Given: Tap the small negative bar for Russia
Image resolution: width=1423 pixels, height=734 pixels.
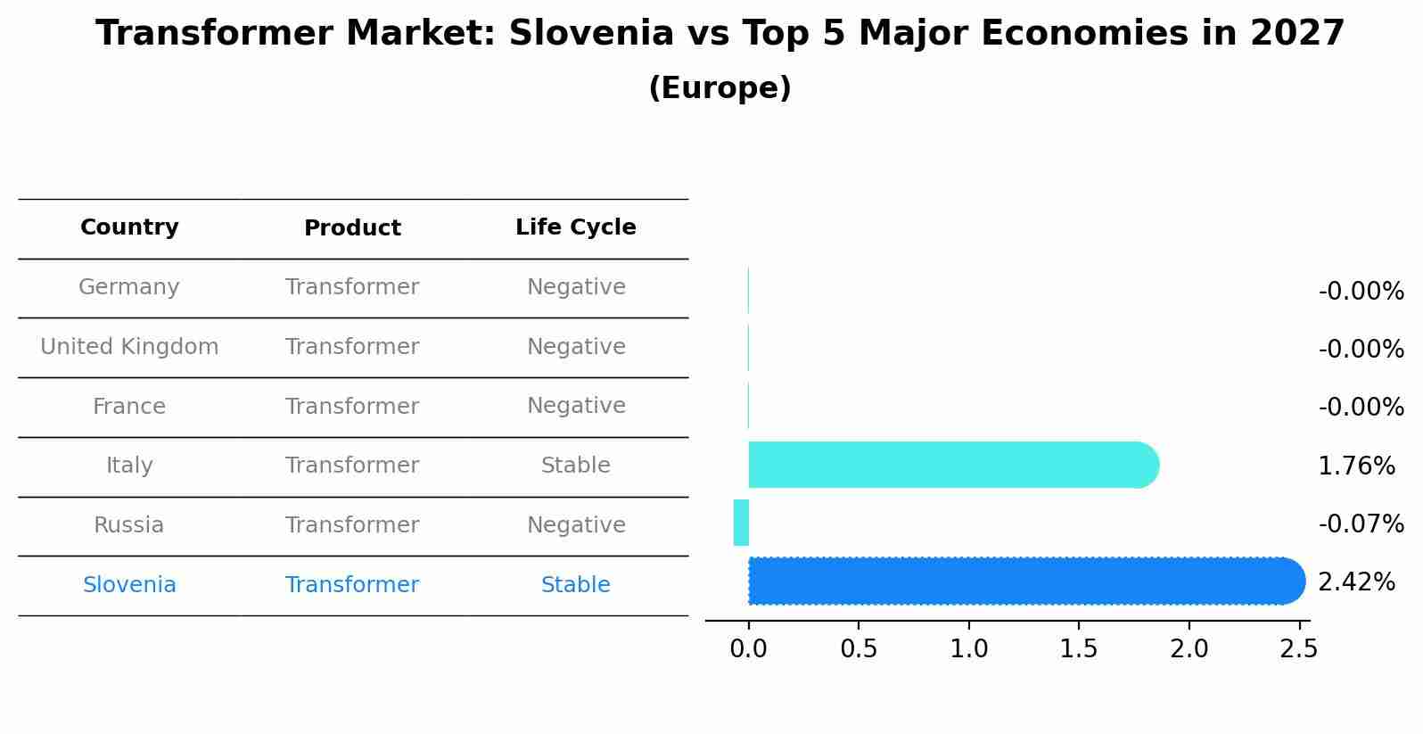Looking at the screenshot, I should [741, 523].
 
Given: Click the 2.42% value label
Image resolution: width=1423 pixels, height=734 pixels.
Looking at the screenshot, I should [1356, 582].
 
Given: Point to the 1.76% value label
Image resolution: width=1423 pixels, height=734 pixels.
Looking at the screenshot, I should [1356, 466].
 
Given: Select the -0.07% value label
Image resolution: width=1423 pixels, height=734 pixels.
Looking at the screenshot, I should [1361, 524].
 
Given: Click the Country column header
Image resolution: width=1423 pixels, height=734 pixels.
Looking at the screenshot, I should [129, 227].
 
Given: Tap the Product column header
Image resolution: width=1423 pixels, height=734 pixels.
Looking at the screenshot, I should [352, 228].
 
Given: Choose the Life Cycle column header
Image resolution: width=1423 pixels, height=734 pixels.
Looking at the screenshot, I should [575, 227].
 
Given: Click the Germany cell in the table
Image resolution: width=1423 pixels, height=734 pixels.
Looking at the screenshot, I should [129, 287].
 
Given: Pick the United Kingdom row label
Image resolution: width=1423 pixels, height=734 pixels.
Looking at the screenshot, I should [129, 347].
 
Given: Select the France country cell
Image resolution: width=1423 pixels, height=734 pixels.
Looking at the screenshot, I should [129, 407].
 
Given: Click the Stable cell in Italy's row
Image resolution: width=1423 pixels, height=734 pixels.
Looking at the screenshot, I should [575, 466].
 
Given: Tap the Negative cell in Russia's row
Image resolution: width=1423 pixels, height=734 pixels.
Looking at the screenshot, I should [575, 525].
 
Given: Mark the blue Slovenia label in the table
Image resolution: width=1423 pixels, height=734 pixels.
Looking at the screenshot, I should [129, 585].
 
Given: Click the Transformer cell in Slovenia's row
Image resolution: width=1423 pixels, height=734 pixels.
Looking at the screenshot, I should [352, 585].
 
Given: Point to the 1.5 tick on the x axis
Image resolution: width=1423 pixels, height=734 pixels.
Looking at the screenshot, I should [1079, 648].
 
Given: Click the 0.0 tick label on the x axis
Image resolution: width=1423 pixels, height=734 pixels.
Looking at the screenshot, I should [748, 648].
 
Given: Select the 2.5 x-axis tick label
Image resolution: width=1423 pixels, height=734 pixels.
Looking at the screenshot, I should [1298, 648].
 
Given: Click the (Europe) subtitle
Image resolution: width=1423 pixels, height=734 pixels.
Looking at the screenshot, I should [720, 88].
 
